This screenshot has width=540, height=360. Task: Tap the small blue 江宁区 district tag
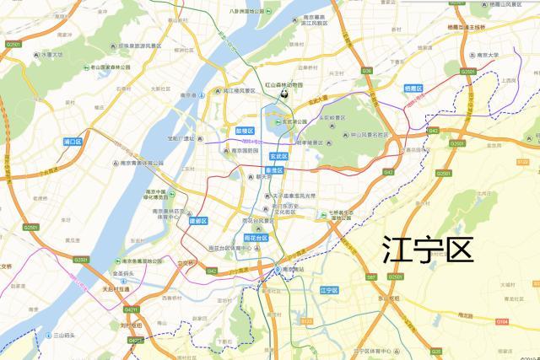pyautogui.click(x=328, y=289)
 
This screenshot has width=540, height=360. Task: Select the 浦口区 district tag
pyautogui.click(x=72, y=142)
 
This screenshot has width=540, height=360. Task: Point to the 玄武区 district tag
pyautogui.click(x=279, y=156)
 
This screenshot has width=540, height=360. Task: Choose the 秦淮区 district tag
pyautogui.click(x=272, y=170)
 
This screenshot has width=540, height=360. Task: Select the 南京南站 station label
pyautogui.click(x=296, y=268)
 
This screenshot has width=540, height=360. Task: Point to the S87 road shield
pyautogui.click(x=371, y=277)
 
